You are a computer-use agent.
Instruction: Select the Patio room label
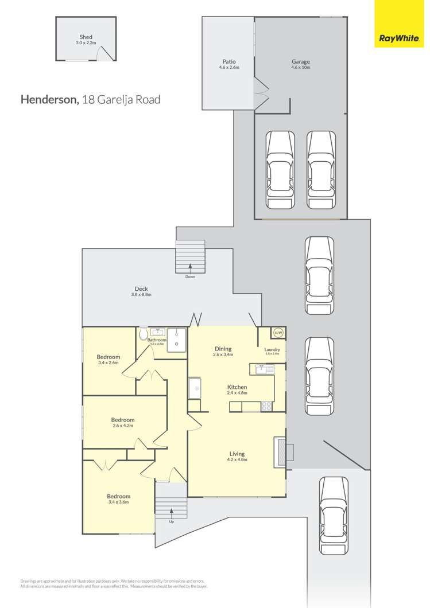pyautogui.click(x=228, y=61)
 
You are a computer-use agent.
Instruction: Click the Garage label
pyautogui.click(x=300, y=61)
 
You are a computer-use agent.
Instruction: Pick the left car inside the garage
pyautogui.click(x=280, y=170)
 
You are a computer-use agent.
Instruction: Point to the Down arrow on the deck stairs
pyautogui.click(x=190, y=267)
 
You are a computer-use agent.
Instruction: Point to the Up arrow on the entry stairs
pyautogui.click(x=171, y=512)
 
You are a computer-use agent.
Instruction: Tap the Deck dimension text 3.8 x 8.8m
pyautogui.click(x=142, y=295)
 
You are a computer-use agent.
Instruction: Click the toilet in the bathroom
pyautogui.click(x=143, y=333)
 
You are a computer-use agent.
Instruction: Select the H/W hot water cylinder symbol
pyautogui.click(x=278, y=333)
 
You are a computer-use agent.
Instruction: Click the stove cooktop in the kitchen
pyautogui.click(x=267, y=406)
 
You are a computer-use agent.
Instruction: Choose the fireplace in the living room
pyautogui.click(x=281, y=451)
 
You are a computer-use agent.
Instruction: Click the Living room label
pyautogui.click(x=237, y=453)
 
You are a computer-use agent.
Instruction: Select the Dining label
pyautogui.click(x=223, y=348)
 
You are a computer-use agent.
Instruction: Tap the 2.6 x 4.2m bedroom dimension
pyautogui.click(x=122, y=426)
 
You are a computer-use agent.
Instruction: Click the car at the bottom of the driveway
pyautogui.click(x=333, y=516)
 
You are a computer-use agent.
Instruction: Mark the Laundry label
pyautogui.click(x=272, y=349)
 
